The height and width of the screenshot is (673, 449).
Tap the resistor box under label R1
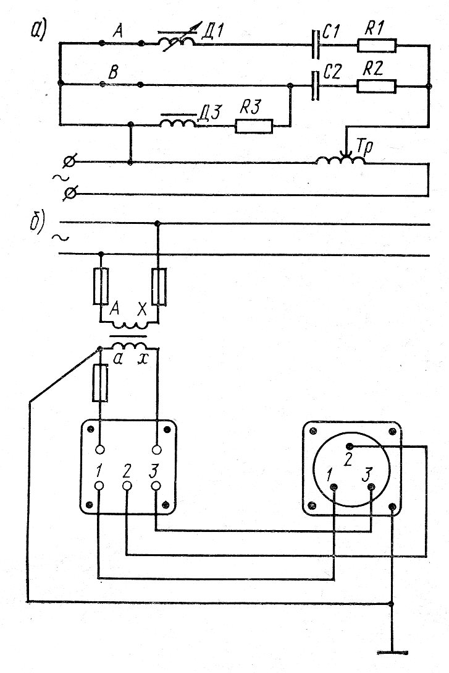377,45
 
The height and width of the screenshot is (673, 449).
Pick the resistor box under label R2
377,86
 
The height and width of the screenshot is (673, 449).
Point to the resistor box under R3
253,126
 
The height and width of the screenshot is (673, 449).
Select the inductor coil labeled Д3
178,122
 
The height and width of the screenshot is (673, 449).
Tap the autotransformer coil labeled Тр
340,161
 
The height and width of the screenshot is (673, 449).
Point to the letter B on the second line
112,73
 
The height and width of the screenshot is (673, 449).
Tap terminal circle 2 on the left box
127,486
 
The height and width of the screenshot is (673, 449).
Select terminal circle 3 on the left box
156,486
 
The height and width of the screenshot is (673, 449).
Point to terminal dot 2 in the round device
350,447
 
